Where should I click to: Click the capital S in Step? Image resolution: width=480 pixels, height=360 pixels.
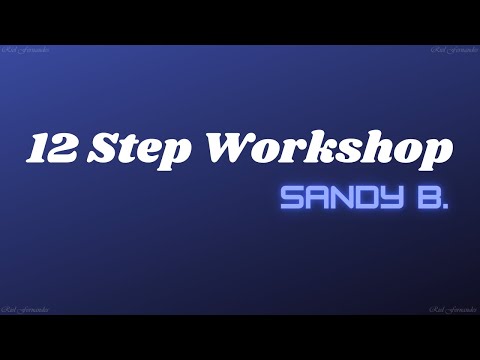pos(107,149)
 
